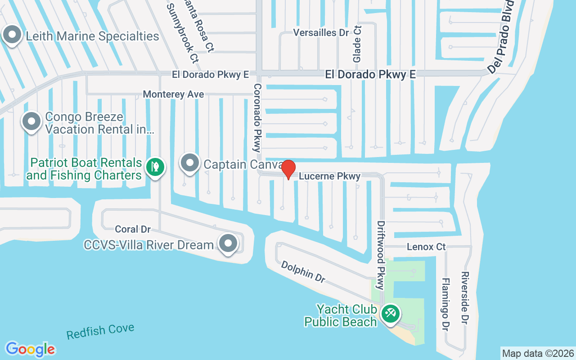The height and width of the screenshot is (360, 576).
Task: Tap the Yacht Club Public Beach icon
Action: coord(390,313)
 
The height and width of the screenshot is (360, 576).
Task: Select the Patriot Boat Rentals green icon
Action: coord(155,166)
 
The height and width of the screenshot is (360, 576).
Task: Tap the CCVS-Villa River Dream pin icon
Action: coord(228,243)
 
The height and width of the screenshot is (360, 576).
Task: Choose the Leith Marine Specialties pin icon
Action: coord(13,35)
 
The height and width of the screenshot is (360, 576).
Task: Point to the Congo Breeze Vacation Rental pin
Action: coord(31,121)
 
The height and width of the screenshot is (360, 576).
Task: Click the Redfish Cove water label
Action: coord(100,332)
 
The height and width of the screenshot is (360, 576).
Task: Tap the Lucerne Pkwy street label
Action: coord(330,176)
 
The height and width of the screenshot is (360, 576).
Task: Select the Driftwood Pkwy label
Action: coord(382,255)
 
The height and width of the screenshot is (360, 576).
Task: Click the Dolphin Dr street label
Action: coord(303,272)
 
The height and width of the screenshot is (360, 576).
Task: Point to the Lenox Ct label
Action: coord(426,247)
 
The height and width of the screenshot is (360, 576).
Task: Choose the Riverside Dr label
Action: coord(465,297)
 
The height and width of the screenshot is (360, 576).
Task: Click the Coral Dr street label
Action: coord(133,229)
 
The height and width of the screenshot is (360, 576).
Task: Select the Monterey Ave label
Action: coord(173,94)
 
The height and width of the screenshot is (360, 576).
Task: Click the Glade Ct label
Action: coord(357,44)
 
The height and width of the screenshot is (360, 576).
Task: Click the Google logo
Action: coord(30,349)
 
